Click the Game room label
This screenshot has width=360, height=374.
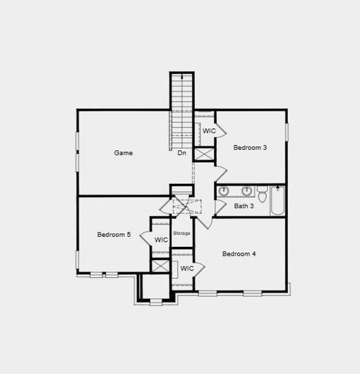123,153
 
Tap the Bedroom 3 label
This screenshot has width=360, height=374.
250,148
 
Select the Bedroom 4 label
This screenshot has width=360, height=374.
239,254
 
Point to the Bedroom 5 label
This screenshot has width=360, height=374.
114,235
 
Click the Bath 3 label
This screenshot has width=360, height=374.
244,206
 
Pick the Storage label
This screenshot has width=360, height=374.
182,233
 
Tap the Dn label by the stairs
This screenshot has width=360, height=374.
182,153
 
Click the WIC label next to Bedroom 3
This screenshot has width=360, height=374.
209,131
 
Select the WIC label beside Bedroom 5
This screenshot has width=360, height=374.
161,240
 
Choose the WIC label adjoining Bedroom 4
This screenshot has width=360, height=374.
187,269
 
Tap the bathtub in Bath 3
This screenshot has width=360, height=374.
278,200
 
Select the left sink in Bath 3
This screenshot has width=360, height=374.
224,191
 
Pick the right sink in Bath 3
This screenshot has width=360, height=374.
247,191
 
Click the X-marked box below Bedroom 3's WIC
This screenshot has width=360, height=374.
204,154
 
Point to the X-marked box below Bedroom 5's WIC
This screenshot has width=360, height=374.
161,265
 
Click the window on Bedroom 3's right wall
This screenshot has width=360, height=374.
287,132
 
